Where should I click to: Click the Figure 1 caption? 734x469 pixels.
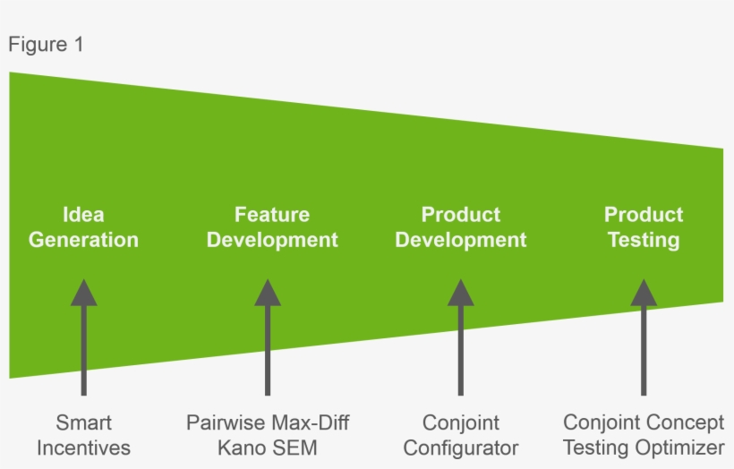click(x=46, y=45)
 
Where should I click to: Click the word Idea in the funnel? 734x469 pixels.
click(x=83, y=215)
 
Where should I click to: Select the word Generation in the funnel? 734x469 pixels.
click(x=83, y=240)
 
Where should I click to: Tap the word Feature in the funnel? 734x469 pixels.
click(x=272, y=215)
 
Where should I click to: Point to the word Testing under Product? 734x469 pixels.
click(x=643, y=240)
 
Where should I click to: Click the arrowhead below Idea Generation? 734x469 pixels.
click(x=83, y=292)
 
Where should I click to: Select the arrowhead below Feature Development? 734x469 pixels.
click(x=268, y=292)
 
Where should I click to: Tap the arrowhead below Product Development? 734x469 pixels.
click(x=461, y=292)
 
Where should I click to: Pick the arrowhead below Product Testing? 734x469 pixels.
click(x=644, y=292)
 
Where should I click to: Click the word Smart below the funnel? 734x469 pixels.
click(x=83, y=422)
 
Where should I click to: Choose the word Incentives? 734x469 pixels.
click(x=83, y=448)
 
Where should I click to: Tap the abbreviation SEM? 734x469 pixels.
click(x=294, y=448)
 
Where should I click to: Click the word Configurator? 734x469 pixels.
click(x=461, y=448)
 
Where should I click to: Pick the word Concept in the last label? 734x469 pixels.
click(x=686, y=422)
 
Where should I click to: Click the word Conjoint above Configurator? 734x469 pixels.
click(x=461, y=422)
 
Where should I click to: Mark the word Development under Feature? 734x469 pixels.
click(x=272, y=240)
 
